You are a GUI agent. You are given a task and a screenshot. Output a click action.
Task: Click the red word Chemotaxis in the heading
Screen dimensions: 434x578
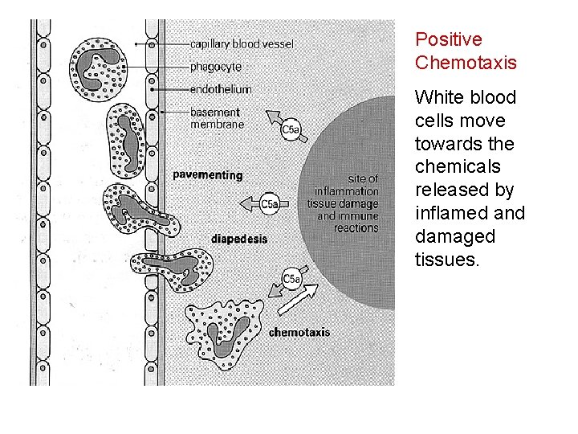tap(466, 63)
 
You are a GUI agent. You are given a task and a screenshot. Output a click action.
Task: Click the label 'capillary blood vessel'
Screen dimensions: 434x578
tap(242, 43)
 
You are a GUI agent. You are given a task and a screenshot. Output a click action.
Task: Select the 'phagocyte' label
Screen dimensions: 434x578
tap(215, 66)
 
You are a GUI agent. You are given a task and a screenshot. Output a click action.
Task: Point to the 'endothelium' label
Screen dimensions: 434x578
tap(221, 89)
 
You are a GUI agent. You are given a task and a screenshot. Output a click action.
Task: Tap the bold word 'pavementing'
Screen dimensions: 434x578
tap(208, 174)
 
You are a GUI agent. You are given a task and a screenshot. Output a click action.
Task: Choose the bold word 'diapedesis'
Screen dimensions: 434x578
tap(239, 239)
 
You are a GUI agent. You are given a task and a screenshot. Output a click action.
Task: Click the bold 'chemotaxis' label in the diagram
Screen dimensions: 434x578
tap(299, 332)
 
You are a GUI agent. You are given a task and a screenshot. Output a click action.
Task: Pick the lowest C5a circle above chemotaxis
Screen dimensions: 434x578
tap(292, 280)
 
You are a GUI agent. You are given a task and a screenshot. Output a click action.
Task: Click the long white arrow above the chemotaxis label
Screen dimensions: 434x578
tap(296, 303)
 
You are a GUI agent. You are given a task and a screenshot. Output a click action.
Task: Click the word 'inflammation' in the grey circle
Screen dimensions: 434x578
tap(346, 191)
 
